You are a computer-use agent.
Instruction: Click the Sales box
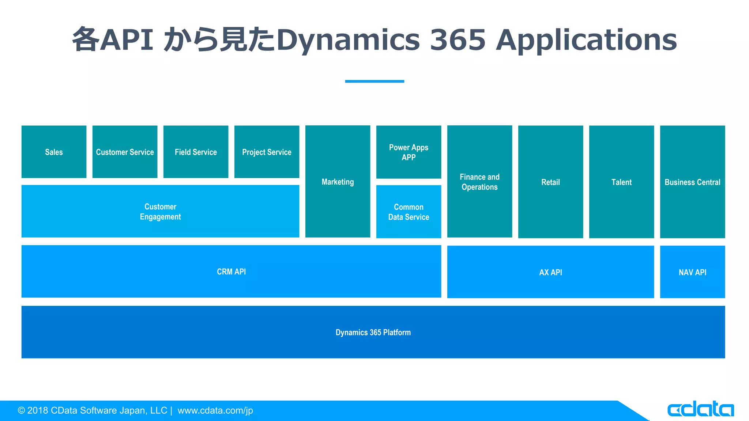point(54,152)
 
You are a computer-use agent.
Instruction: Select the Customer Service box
point(125,152)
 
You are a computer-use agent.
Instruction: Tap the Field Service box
point(196,152)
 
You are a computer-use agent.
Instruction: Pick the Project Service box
point(267,152)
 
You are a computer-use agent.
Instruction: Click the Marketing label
point(338,182)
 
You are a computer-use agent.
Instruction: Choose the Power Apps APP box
point(409,152)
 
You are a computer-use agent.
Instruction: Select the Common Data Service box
point(409,212)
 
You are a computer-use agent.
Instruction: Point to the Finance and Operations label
point(479,182)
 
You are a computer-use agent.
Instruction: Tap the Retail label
point(550,182)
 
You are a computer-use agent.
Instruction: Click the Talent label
point(621,182)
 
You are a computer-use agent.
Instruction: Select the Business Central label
point(692,182)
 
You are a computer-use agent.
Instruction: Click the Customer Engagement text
point(160,212)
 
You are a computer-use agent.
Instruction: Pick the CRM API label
point(231,272)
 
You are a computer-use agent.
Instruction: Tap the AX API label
point(550,272)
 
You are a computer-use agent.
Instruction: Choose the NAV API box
point(692,272)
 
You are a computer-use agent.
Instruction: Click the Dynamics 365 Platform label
point(373,332)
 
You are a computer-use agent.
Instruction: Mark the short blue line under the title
point(374,81)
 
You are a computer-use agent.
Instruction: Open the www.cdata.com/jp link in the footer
point(215,410)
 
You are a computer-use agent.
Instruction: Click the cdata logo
point(700,409)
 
